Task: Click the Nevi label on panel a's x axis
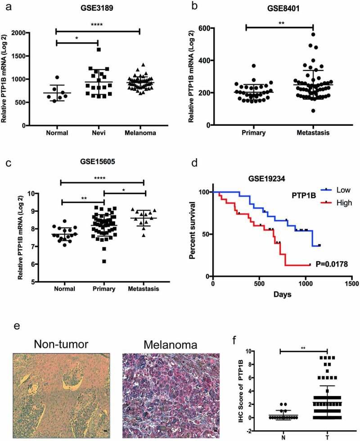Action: click(98, 133)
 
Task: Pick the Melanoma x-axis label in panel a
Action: click(139, 133)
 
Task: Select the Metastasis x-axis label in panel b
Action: click(313, 133)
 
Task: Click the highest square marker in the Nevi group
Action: click(98, 49)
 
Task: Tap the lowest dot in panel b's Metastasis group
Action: click(313, 111)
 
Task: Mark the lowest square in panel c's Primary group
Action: click(104, 261)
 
